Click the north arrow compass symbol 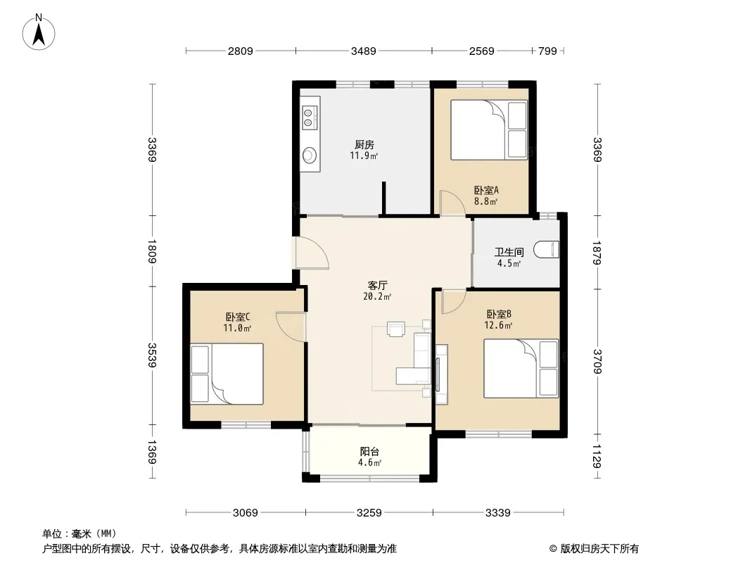pos(39,32)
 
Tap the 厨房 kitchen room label pos(364,144)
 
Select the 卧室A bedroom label pos(486,190)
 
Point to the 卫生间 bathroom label pos(509,252)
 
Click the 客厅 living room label pos(377,286)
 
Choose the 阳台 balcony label pos(370,452)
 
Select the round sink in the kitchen pos(310,155)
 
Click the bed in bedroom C pos(227,374)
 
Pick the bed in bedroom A pos(489,129)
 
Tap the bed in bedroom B pos(521,368)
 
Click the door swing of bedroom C pos(290,327)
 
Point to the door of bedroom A pos(452,203)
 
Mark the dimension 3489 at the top pos(364,51)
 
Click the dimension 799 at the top pos(547,51)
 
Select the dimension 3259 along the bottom pos(369,513)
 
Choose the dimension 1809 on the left pos(152,251)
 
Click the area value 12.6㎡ pos(498,326)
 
